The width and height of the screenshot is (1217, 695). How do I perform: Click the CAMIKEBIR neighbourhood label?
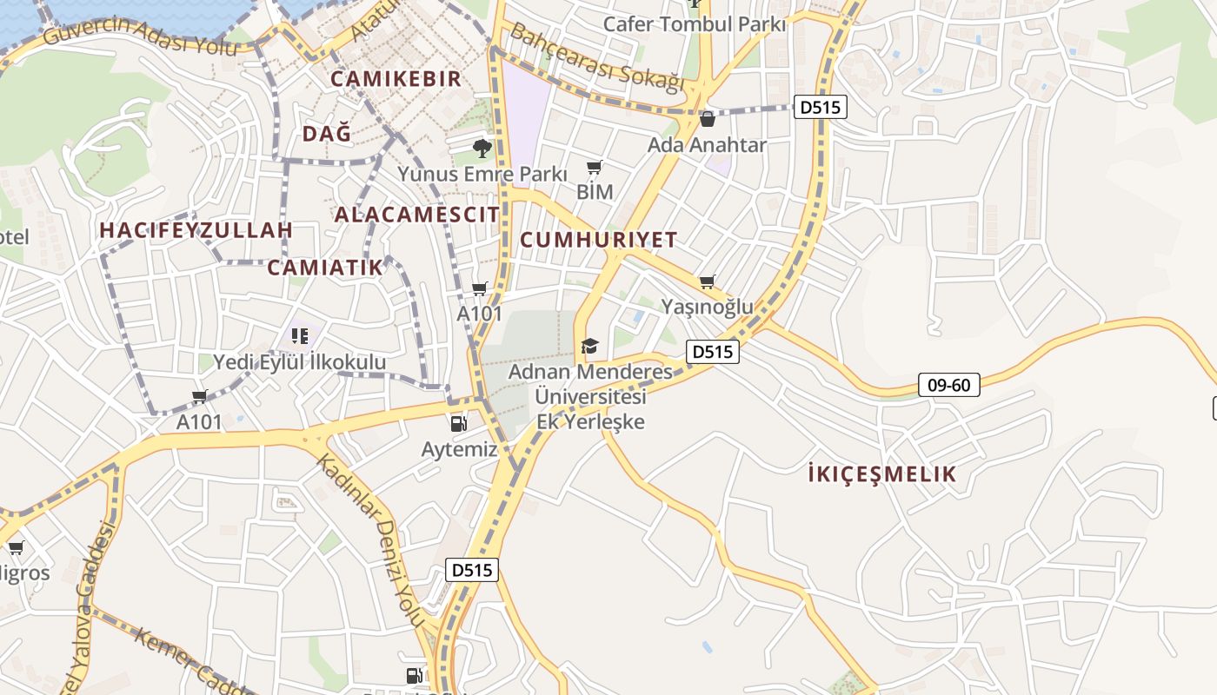click(396, 79)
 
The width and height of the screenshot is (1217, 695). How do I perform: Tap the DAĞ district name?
click(327, 134)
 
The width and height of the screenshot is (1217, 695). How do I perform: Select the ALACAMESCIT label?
click(417, 215)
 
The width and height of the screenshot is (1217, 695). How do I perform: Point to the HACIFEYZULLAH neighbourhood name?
click(196, 230)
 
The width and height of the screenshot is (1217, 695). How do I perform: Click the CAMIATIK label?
click(325, 268)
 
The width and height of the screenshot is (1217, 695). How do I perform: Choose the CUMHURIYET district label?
click(598, 240)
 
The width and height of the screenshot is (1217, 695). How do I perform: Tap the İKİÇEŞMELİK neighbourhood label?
click(881, 474)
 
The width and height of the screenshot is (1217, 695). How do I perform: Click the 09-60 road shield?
click(948, 385)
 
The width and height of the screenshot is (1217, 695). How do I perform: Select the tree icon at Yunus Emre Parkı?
click(482, 149)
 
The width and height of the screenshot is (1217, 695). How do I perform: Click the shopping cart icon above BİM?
click(595, 167)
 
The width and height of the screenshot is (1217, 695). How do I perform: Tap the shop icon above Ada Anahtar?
click(707, 119)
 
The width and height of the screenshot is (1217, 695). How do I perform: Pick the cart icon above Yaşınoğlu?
click(708, 281)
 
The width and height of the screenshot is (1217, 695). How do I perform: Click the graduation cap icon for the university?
click(590, 346)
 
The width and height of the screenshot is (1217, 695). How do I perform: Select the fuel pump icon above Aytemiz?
click(458, 424)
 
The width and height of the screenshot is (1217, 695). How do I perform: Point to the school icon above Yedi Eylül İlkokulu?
click(300, 335)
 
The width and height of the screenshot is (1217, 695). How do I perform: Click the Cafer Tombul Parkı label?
click(694, 24)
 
